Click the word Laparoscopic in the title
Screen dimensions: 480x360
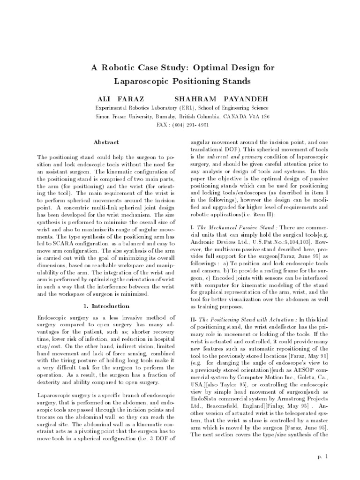[144, 82]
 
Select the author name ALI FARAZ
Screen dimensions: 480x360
[120, 100]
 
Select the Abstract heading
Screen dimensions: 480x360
[106, 142]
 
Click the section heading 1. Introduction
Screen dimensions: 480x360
[106, 306]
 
